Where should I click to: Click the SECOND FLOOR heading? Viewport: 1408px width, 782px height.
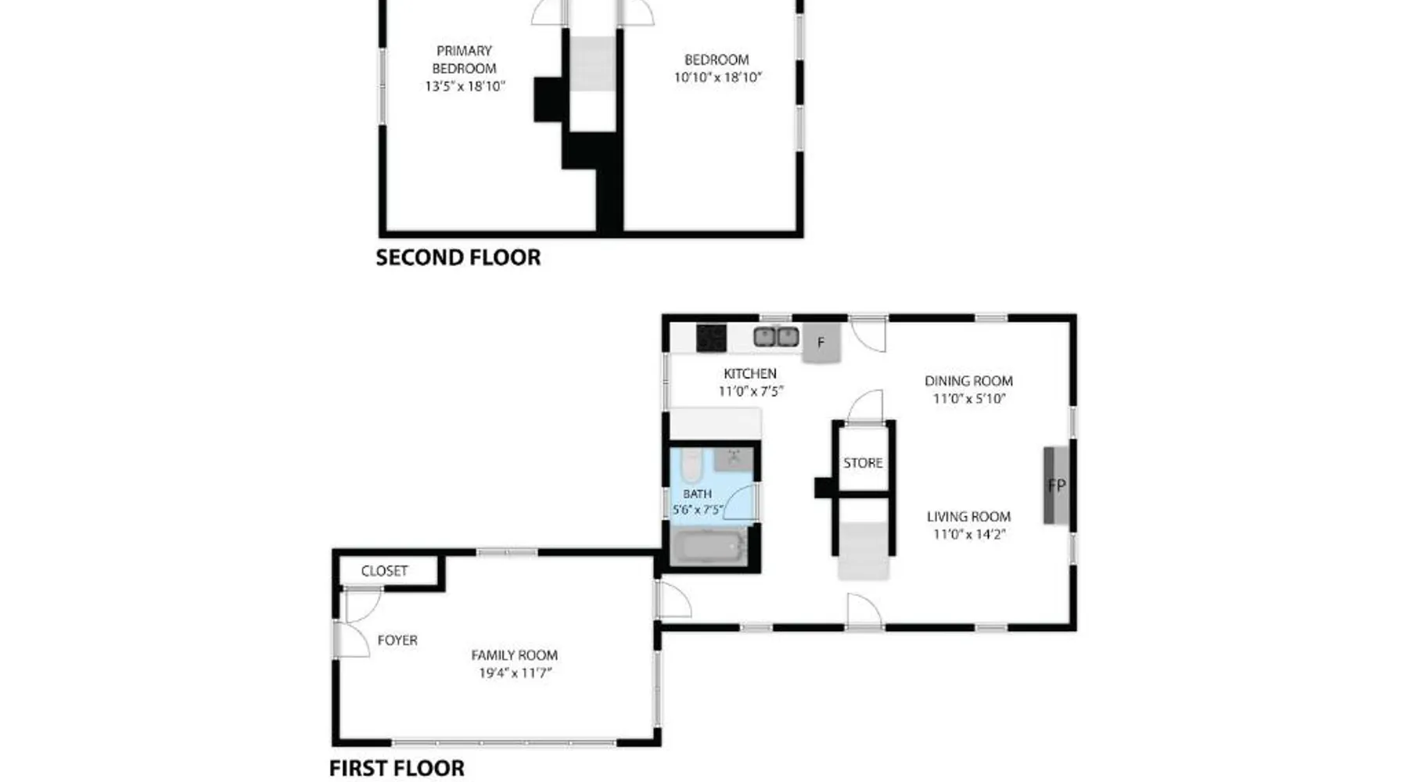[x=458, y=257]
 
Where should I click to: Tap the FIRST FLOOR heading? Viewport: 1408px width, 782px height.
[x=397, y=768]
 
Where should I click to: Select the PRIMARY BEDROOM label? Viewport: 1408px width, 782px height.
[x=464, y=59]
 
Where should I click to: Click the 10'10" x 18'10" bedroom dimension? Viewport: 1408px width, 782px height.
[x=717, y=77]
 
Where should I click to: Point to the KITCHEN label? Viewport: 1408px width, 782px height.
[x=750, y=374]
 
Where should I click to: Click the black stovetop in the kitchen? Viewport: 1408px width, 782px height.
[x=711, y=339]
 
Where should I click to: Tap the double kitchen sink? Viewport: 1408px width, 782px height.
[x=776, y=337]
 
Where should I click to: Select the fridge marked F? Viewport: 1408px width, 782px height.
[x=821, y=343]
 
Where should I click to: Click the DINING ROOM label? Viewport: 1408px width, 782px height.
[x=968, y=381]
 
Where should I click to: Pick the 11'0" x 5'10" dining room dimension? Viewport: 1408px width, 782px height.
[x=968, y=399]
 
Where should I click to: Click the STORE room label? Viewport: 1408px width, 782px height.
[x=863, y=463]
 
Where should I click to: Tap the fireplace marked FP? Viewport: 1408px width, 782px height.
[x=1056, y=486]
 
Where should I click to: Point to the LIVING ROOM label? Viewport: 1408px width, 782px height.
[x=968, y=517]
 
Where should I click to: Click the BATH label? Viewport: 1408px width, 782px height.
[x=697, y=494]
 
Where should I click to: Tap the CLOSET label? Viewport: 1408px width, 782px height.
[x=384, y=571]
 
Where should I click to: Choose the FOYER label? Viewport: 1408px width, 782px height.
[x=397, y=640]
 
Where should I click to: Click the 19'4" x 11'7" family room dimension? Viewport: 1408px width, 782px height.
[x=515, y=673]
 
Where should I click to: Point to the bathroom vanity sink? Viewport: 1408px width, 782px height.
[x=734, y=459]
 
